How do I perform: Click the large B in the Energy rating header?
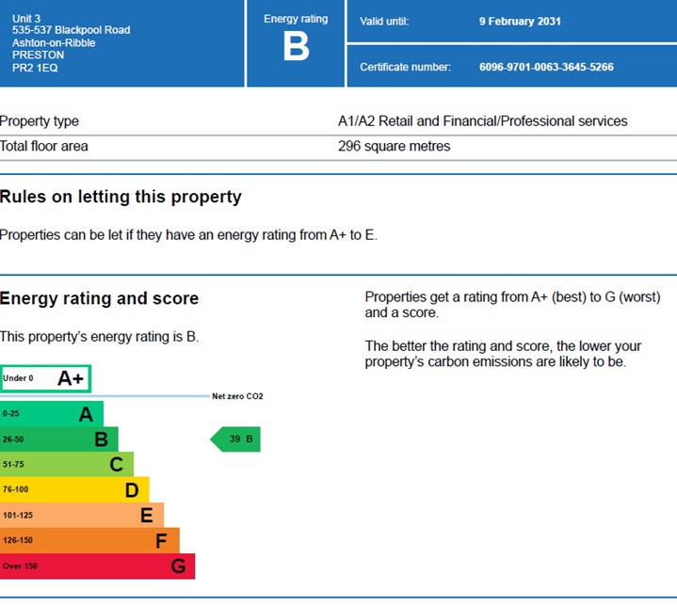pos(296,47)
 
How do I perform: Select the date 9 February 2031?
pos(520,22)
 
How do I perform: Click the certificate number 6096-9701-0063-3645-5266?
pos(546,67)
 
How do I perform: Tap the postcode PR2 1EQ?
pos(34,68)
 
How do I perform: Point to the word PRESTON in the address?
pos(38,56)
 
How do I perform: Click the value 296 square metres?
pos(394,147)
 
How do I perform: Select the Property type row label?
pos(40,121)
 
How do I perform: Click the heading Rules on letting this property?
pos(121,198)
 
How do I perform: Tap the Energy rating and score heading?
pos(99,299)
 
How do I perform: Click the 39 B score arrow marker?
pos(235,439)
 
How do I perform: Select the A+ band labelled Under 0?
pos(45,378)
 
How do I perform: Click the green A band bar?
pos(52,414)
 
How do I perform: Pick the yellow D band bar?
pos(74,490)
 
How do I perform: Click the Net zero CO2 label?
pos(237,396)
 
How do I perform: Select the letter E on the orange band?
pos(146,516)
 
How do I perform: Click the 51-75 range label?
pos(13,465)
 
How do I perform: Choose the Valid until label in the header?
pos(384,22)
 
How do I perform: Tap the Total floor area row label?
pos(44,147)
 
